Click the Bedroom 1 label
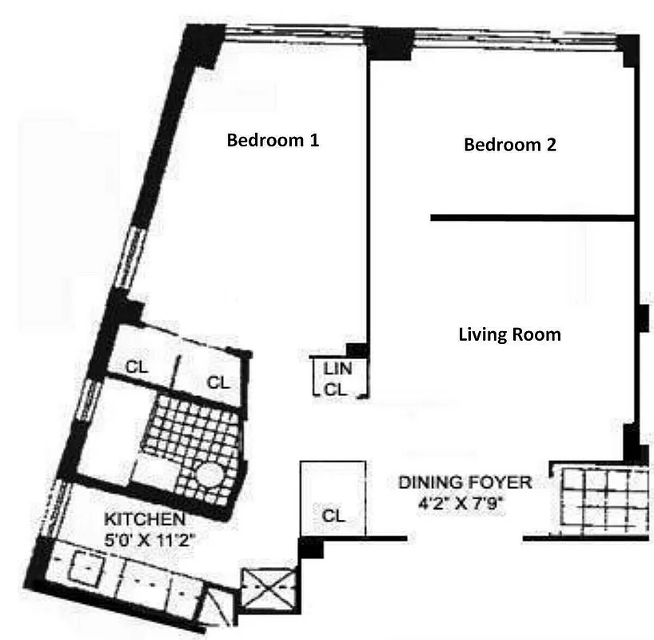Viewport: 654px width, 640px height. [273, 141]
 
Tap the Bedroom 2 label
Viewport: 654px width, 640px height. [509, 145]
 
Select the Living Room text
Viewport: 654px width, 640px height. [509, 334]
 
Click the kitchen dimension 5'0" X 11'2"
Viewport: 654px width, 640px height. [150, 538]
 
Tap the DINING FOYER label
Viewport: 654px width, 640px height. [465, 482]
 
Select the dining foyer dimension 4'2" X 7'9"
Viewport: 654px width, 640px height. [465, 504]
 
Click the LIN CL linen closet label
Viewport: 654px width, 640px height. [336, 380]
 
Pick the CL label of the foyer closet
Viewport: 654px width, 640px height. [333, 516]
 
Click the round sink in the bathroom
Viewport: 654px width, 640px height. [209, 477]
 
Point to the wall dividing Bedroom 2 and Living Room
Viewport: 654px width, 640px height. [532, 217]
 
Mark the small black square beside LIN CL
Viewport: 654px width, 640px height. [357, 350]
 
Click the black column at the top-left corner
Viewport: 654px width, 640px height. [201, 46]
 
